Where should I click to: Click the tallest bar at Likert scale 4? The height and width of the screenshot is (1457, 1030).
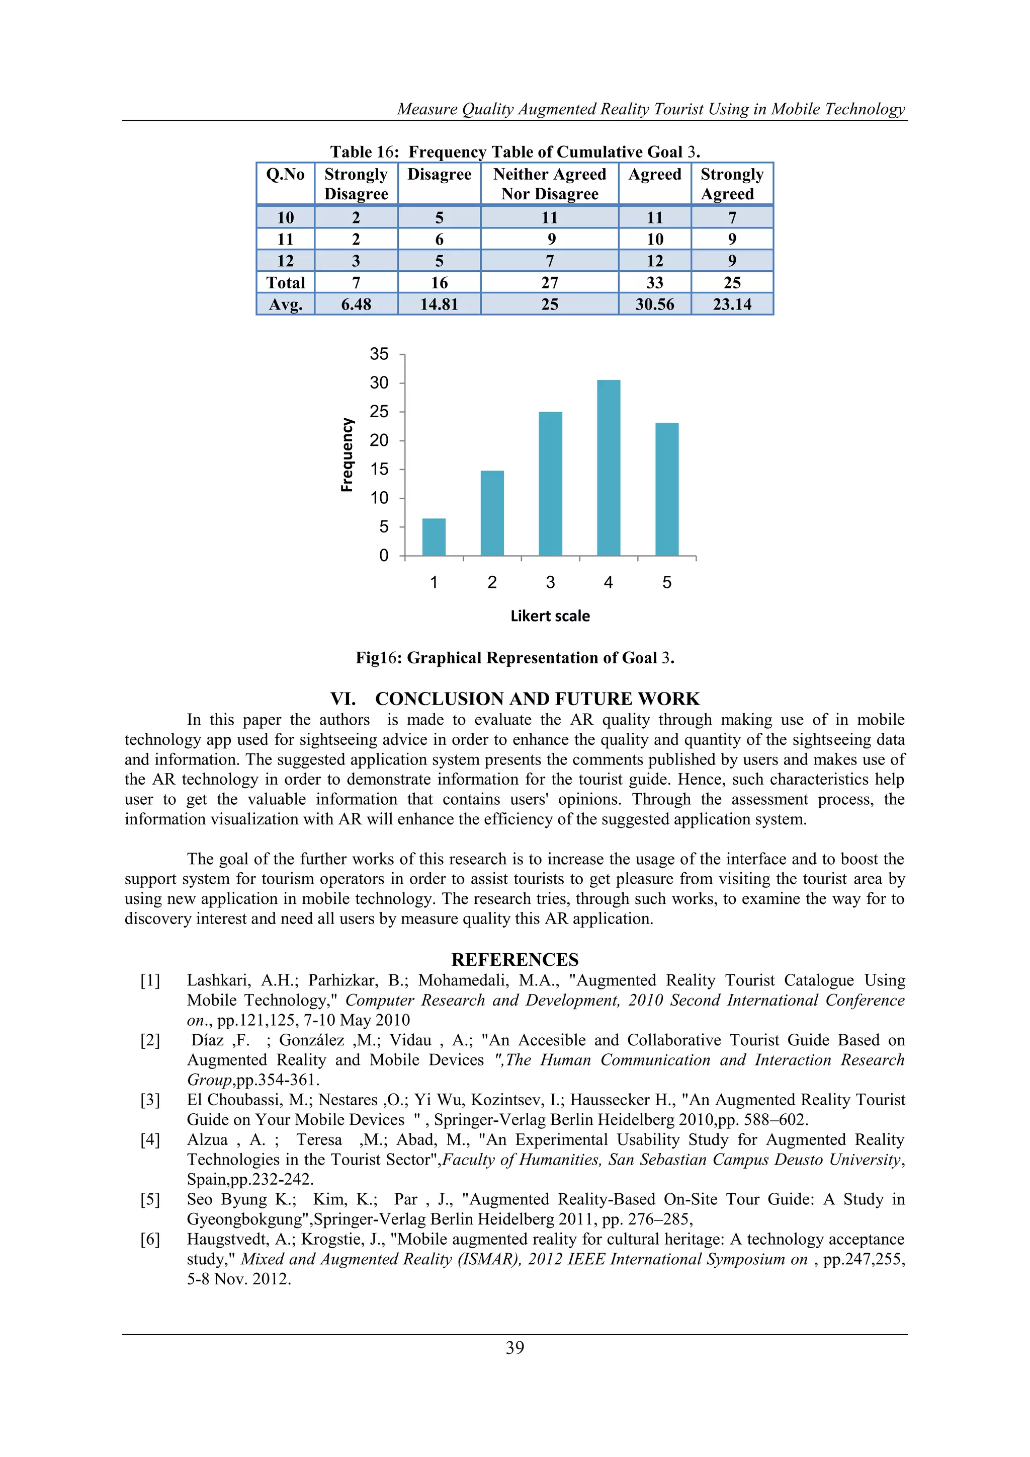[608, 469]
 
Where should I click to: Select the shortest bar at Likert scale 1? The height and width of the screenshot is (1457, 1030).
[434, 537]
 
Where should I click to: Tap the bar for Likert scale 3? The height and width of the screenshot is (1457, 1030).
[550, 484]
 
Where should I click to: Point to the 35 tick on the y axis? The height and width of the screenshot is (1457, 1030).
[379, 354]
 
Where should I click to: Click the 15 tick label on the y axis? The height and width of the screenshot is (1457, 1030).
[379, 470]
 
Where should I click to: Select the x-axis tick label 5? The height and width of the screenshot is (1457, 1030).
[666, 582]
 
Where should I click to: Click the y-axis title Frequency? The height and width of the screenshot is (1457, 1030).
[347, 455]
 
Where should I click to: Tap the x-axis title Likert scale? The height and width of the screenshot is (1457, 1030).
[550, 616]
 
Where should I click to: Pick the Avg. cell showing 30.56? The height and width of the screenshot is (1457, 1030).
[654, 304]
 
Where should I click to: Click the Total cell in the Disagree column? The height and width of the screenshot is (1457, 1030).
[439, 283]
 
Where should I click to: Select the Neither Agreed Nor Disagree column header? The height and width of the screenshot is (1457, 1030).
[549, 184]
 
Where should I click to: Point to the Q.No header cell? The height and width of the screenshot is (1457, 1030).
[285, 175]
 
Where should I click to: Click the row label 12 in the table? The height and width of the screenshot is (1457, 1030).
[285, 261]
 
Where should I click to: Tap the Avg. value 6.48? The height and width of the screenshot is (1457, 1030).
[356, 304]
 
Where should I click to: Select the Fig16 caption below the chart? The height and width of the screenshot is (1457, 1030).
[514, 658]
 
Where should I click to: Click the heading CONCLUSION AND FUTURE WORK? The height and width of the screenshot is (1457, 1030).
[514, 699]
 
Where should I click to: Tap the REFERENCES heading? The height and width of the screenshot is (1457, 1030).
[514, 959]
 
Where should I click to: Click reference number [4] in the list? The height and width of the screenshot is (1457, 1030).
[150, 1140]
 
